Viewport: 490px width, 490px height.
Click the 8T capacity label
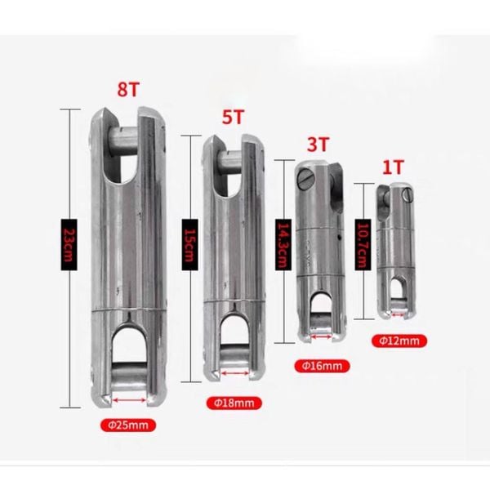[x=128, y=89]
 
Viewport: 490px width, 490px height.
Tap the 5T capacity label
[x=233, y=117]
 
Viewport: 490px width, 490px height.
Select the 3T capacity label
[x=318, y=145]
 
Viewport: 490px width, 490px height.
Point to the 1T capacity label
[x=394, y=167]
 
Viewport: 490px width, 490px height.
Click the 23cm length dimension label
[x=69, y=245]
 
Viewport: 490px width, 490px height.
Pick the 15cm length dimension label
[x=190, y=245]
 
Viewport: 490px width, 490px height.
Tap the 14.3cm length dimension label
[x=283, y=245]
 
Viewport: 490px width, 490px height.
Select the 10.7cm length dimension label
[x=363, y=245]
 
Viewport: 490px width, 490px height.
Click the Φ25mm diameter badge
[x=128, y=425]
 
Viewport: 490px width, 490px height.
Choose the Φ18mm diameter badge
[x=234, y=403]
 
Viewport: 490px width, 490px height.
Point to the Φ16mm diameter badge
[x=323, y=366]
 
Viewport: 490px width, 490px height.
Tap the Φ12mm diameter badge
[x=399, y=341]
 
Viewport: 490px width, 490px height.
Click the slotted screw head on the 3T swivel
[x=305, y=179]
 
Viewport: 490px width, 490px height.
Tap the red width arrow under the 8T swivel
[x=130, y=400]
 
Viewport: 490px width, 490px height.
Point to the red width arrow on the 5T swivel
[x=235, y=373]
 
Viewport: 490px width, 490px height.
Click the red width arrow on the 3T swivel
[x=321, y=336]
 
